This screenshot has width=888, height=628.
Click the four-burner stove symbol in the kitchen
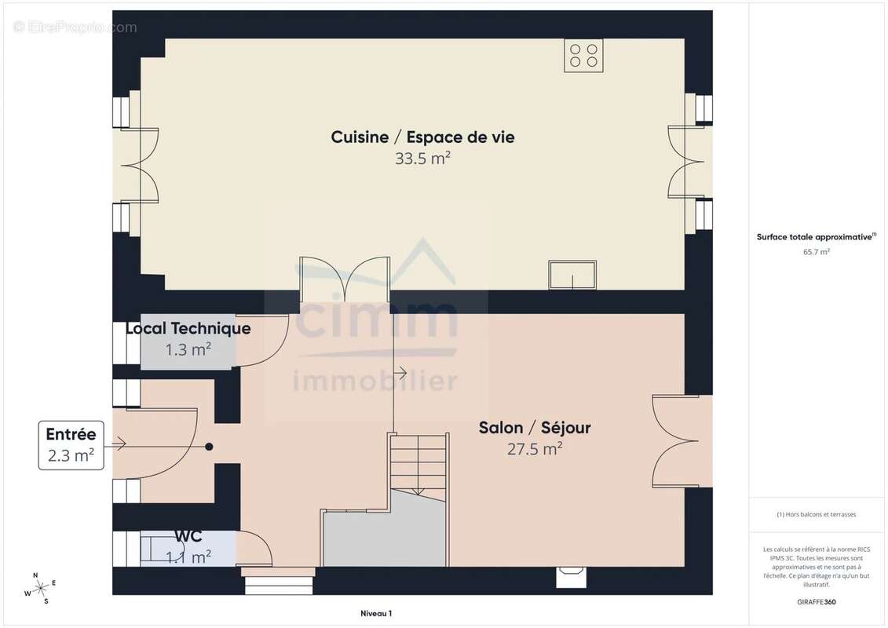point(583,55)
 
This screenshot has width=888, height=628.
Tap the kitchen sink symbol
point(572,275)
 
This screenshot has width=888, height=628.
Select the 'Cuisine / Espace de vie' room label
point(422,137)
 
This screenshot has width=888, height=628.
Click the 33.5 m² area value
point(422,158)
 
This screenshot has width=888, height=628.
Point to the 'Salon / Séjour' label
point(535,428)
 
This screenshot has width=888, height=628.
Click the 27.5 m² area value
point(535,449)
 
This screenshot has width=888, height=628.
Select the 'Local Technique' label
point(188,328)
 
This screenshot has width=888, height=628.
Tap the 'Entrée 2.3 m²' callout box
point(71,445)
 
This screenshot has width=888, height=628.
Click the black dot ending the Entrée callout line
point(209,447)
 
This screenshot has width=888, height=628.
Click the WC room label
point(188,537)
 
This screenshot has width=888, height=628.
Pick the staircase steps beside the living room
point(418,463)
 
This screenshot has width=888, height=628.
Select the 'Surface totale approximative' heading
point(816,236)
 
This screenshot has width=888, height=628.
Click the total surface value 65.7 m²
point(817,252)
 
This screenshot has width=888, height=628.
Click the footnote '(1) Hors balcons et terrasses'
point(817,514)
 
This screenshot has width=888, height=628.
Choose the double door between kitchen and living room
point(345,279)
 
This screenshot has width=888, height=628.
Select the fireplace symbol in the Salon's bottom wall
point(571,576)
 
